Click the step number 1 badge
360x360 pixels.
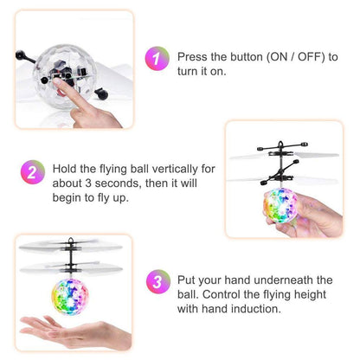tap(157, 58)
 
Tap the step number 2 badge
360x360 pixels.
tap(33, 172)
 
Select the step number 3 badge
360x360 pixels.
tap(157, 282)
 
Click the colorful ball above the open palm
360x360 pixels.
tap(70, 296)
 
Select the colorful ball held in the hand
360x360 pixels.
tap(280, 206)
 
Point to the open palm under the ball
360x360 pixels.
tap(75, 331)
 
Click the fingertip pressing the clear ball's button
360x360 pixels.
tap(57, 81)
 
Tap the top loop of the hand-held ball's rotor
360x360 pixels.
tap(280, 144)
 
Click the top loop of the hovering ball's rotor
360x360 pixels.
tap(71, 240)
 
